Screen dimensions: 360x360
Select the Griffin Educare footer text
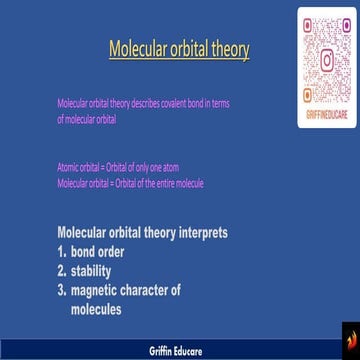click(180, 351)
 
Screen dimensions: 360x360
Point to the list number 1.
click(62, 252)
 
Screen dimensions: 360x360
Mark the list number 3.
click(62, 290)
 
